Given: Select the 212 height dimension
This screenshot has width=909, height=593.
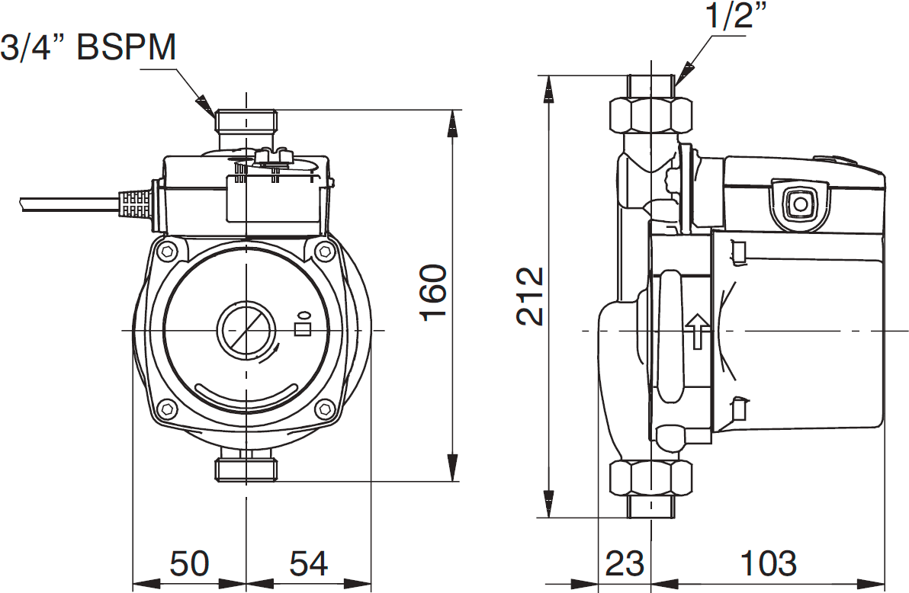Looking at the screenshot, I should click(531, 296).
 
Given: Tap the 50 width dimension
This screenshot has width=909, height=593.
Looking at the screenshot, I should click(189, 564).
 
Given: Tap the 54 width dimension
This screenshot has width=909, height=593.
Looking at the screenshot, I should click(308, 564).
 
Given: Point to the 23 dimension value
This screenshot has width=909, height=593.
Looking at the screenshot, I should click(625, 564).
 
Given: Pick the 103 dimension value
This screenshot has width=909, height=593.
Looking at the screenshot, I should click(768, 564).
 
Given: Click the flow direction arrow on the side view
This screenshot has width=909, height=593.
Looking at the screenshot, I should click(697, 331).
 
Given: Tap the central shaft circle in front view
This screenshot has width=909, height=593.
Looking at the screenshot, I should click(244, 331).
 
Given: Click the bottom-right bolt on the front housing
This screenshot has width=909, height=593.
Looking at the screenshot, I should click(326, 409).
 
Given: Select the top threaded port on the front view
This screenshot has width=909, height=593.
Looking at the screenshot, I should click(246, 121).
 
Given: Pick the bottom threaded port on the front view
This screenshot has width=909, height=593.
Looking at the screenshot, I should click(246, 467).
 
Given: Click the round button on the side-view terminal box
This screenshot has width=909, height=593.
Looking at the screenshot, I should click(800, 204).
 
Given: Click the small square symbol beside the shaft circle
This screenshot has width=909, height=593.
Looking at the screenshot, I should click(303, 329).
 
